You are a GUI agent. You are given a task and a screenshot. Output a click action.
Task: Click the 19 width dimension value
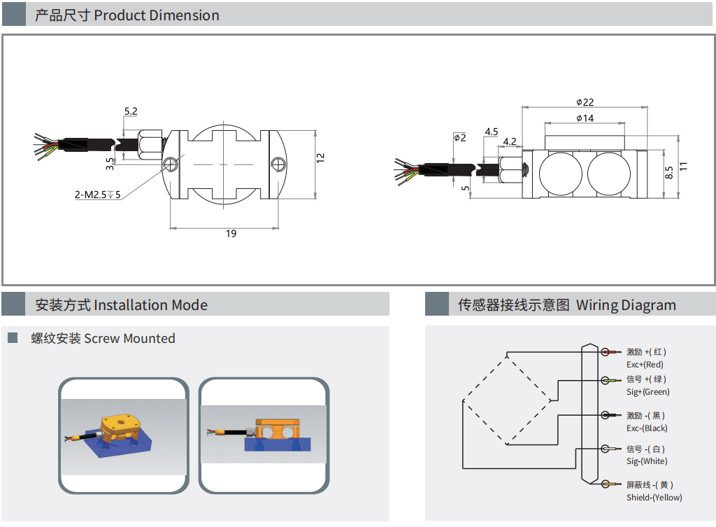coord(231,234)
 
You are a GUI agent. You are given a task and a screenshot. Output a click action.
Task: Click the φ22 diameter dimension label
coord(585,102)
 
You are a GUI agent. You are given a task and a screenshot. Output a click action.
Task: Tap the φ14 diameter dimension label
coord(585,118)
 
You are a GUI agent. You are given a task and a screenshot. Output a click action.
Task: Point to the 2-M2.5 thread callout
coord(98,195)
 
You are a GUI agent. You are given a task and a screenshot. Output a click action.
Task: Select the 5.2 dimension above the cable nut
coord(131,111)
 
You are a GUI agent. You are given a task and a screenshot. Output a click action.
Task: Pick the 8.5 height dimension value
coord(669,172)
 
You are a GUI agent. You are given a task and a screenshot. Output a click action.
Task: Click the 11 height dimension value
coord(684,166)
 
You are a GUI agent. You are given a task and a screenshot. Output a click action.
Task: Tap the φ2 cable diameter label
coord(459,137)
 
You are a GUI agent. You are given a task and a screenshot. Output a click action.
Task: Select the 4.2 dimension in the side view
coord(510,141)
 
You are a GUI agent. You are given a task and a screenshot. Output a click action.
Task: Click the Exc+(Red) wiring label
coord(645,365)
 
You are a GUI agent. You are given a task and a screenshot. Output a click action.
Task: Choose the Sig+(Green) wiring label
coord(647,392)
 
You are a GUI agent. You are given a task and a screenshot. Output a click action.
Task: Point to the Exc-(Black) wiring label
coord(647,428)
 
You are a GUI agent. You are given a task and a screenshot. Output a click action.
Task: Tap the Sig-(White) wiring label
coord(647,461)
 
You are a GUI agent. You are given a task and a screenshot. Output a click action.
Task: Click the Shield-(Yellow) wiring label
coord(654,498)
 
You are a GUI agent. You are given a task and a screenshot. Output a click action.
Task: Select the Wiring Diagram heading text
coord(626,305)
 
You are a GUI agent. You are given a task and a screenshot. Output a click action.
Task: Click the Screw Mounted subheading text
coord(129,339)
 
